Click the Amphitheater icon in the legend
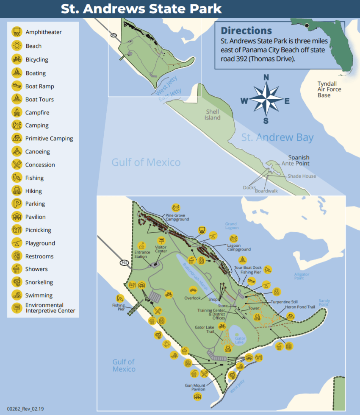(x=17, y=32)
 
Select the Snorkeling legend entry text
(x=39, y=282)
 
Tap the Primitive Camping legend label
(x=49, y=139)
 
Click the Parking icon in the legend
(x=17, y=204)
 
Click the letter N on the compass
(x=266, y=78)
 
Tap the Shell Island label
(x=213, y=115)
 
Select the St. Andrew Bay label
(x=277, y=137)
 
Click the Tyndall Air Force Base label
(x=329, y=89)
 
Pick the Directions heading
(x=246, y=31)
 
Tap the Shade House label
(x=302, y=176)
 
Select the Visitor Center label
(x=161, y=249)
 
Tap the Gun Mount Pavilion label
(x=195, y=387)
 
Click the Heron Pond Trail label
(x=300, y=306)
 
